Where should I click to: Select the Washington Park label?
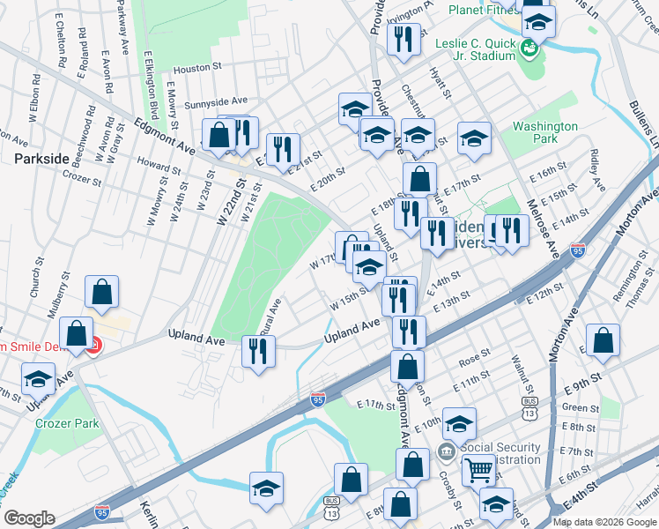546,132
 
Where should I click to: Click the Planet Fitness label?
486,10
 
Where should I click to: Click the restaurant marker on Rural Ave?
258,352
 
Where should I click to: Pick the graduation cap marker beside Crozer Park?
37,380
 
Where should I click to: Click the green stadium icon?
531,48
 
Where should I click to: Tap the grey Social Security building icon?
447,452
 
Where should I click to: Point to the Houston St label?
195,68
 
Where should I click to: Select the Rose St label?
474,358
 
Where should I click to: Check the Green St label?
580,407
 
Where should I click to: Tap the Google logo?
29,518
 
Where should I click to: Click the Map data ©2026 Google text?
603,522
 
